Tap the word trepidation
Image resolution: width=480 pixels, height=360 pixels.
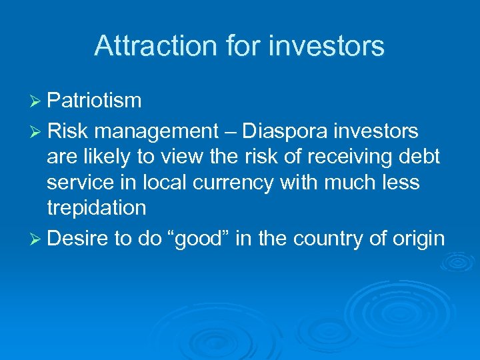(96, 207)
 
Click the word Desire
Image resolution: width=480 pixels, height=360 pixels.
(78, 238)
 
